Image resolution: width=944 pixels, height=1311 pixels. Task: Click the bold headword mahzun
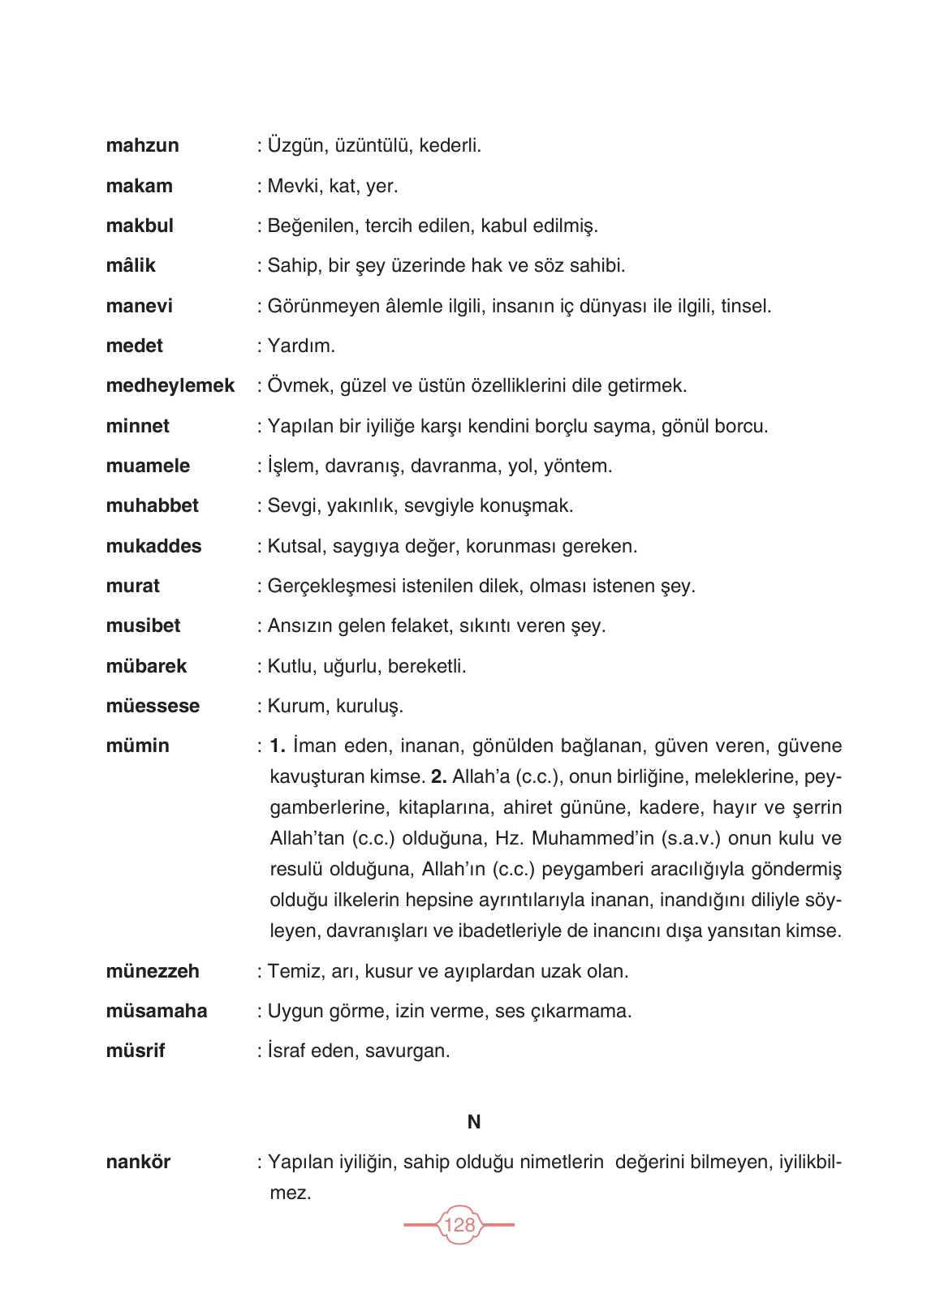tap(142, 146)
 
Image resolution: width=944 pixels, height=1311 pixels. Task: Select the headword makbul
tap(140, 226)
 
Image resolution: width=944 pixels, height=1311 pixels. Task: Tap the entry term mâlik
tap(131, 266)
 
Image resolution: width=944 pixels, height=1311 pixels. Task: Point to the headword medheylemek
tap(170, 386)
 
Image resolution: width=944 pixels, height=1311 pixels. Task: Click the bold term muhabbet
tap(152, 506)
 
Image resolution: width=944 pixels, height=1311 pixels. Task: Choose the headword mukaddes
tap(153, 546)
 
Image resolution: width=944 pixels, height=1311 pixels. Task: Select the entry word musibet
tap(143, 626)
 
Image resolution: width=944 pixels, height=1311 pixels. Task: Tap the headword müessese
tap(153, 707)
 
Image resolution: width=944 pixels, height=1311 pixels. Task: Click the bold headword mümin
tap(137, 746)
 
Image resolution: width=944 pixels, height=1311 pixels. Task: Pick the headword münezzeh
tap(153, 971)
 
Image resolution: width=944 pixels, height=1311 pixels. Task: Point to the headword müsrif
tap(135, 1051)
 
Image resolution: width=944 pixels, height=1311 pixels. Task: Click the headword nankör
tap(138, 1163)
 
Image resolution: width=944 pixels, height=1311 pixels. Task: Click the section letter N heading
tap(474, 1122)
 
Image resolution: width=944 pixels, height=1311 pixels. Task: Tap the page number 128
tap(459, 1224)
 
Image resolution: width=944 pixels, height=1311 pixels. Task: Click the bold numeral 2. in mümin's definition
tap(438, 777)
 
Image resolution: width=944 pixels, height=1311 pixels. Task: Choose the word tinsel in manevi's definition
tap(745, 307)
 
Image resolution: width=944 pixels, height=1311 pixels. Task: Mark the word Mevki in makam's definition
tap(293, 187)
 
